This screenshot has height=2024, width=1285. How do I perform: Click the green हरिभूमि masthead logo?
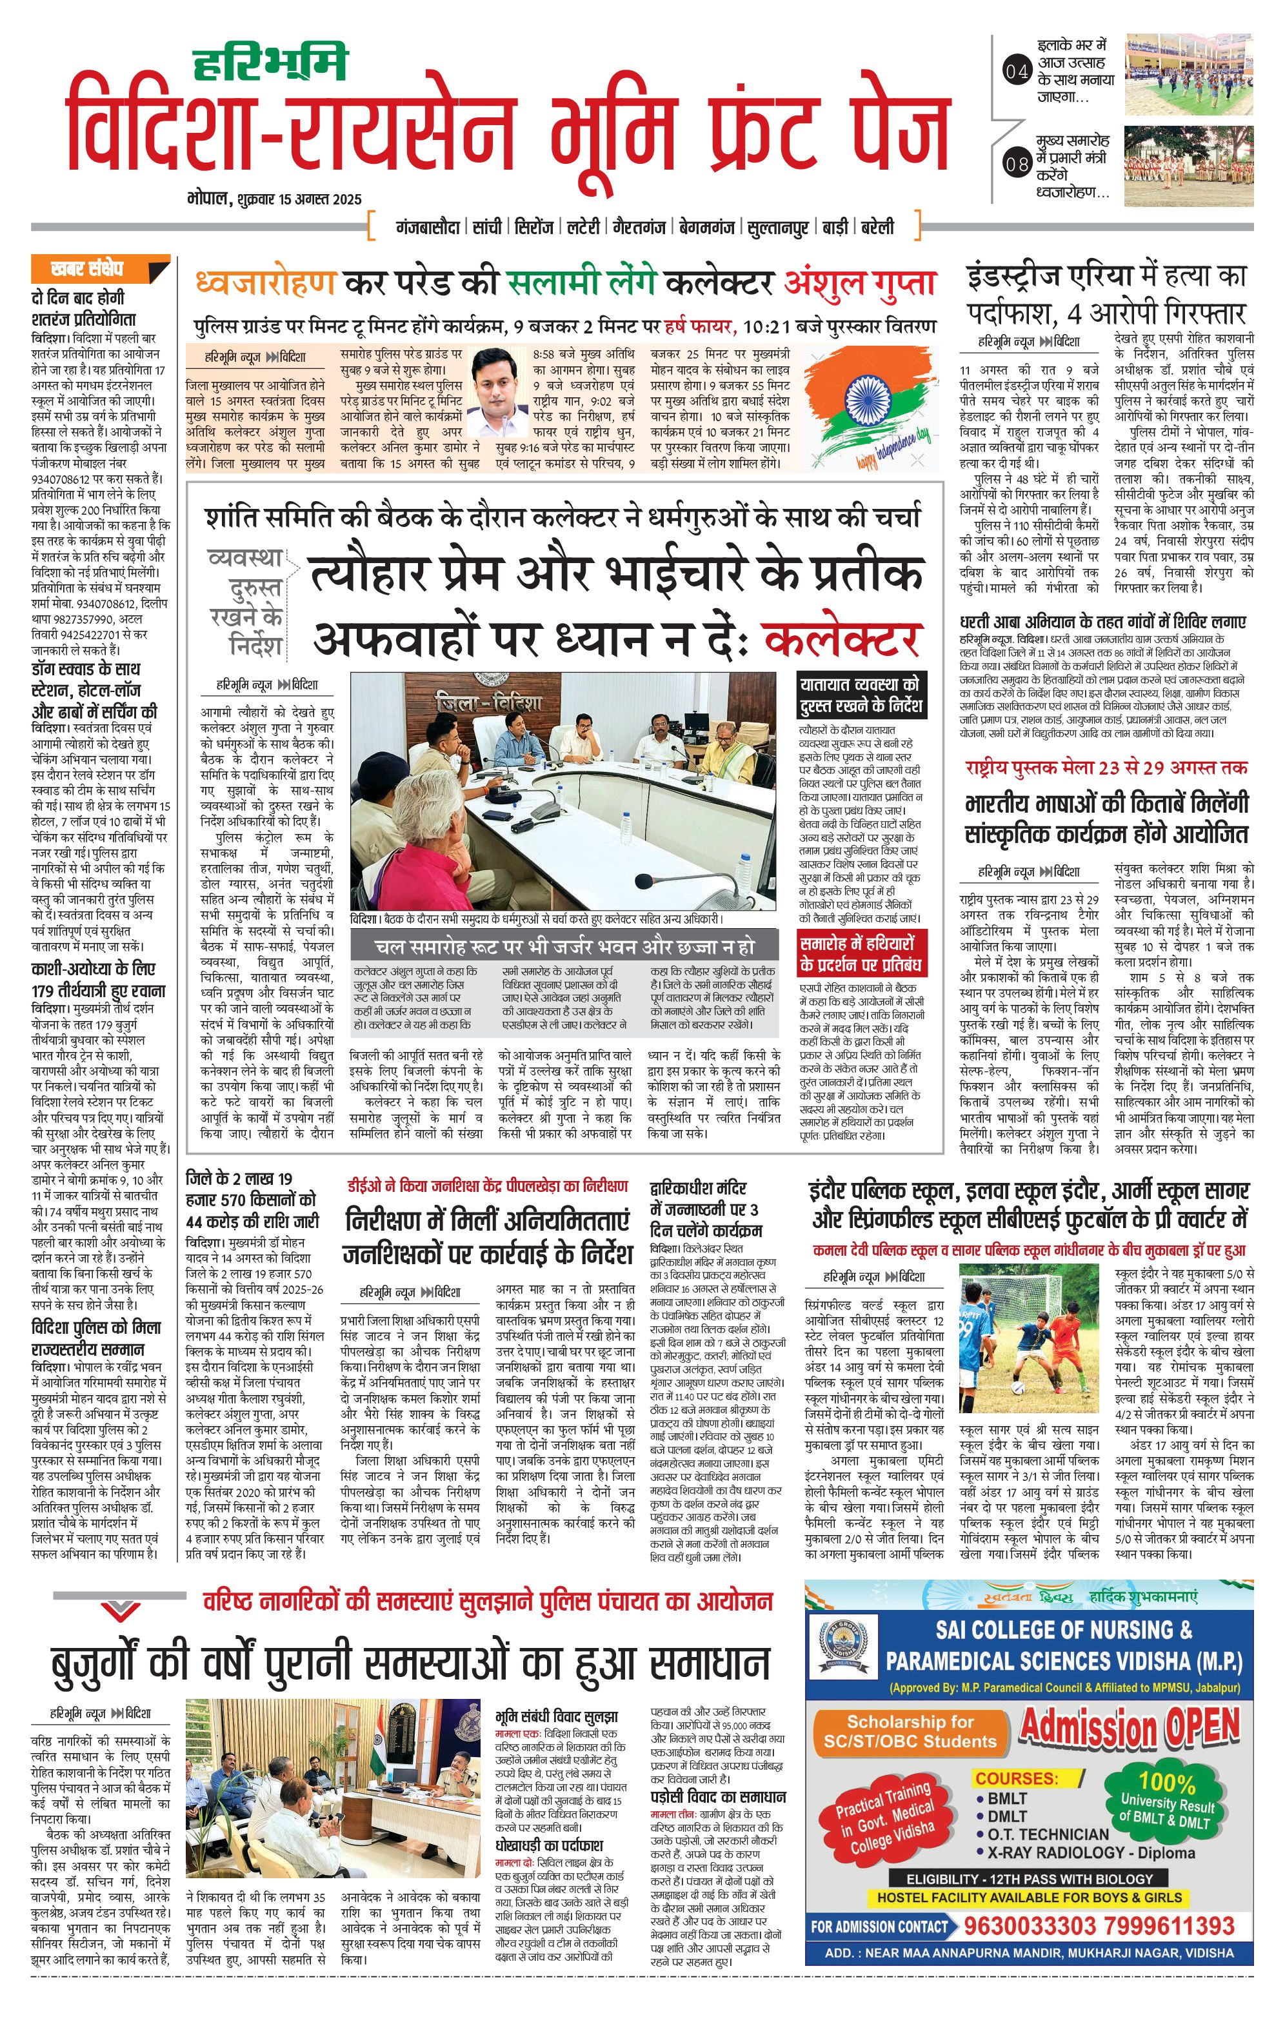pos(271,61)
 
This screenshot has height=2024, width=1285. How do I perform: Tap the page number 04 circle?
pos(1017,72)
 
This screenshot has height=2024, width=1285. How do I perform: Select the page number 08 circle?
pos(1017,164)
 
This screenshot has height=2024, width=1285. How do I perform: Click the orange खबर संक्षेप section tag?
pos(101,269)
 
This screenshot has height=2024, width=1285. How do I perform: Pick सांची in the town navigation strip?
pos(486,227)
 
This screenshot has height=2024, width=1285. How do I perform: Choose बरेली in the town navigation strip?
pos(876,227)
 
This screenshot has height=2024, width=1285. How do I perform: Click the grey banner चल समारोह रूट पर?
pos(564,946)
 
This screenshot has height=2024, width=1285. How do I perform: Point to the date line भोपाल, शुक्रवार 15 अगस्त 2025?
pos(275,199)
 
